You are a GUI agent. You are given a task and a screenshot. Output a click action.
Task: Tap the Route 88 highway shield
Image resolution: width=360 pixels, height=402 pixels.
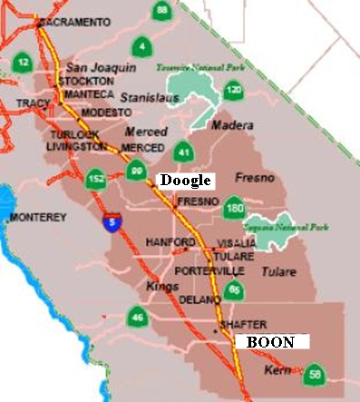161,10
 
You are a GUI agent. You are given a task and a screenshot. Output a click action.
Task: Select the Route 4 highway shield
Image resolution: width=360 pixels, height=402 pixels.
141,45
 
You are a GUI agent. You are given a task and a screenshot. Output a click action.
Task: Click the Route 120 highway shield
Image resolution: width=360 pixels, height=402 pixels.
234,91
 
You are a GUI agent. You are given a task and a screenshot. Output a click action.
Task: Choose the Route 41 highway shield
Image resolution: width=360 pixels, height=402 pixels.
183,152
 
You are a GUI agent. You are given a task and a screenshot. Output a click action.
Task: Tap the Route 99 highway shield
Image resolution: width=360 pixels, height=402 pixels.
137,170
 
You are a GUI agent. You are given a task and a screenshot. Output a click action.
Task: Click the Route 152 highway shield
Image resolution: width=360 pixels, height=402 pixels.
96,181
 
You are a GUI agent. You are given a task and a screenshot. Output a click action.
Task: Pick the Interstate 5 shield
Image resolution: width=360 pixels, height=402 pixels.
111,221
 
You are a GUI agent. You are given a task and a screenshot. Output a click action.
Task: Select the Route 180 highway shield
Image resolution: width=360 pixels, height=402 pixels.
235,208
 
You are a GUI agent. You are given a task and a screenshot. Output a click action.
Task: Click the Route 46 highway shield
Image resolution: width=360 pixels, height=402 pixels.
137,317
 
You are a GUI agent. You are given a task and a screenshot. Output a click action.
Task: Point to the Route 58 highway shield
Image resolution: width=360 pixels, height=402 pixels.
315,373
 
